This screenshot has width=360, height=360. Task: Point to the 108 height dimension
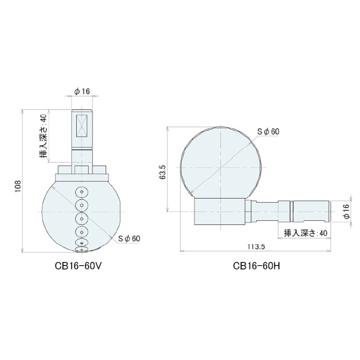pos(18,182)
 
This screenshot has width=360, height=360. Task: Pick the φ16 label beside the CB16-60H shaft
pos(346,211)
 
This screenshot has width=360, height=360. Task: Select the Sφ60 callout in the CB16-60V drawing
pos(128,238)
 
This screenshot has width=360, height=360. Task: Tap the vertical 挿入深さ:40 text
pos(43,136)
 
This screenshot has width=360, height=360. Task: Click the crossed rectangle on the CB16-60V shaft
pos(82,127)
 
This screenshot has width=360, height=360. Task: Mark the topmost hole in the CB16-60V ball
pos(82,192)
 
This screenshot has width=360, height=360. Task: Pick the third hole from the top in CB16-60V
pos(82,217)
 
